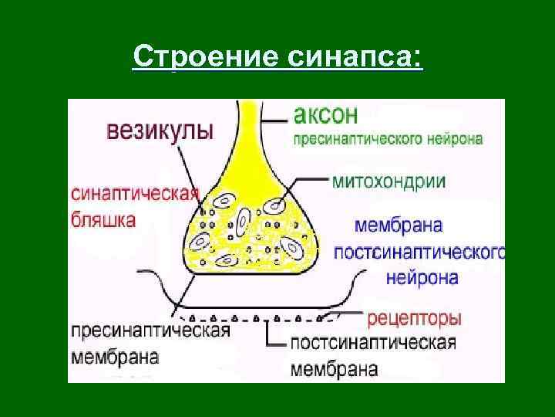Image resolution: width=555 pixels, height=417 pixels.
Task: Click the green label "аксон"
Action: point(325,116)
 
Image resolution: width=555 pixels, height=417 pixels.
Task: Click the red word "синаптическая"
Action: point(136,193)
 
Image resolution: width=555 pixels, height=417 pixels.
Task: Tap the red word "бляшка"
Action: point(105,219)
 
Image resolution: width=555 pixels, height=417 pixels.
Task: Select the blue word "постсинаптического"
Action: point(420,253)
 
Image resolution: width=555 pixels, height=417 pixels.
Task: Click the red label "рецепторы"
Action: point(415,317)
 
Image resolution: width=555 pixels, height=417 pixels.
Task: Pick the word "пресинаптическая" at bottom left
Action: point(151,331)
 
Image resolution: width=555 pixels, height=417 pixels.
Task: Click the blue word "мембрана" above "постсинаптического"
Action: point(399,227)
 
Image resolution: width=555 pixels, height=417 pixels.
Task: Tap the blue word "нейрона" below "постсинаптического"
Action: point(422,277)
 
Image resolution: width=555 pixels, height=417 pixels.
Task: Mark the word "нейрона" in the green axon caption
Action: point(456,141)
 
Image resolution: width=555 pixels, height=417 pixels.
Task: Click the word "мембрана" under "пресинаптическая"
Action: point(116,358)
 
